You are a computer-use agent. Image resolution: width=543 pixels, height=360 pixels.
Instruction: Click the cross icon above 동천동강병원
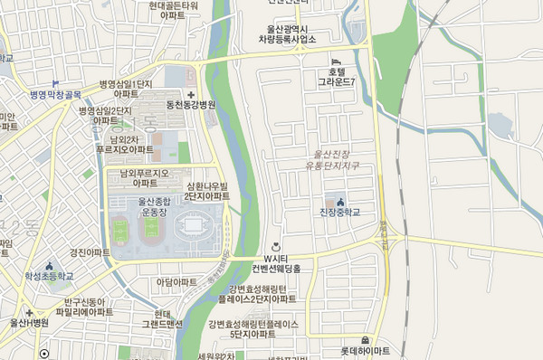coord(190,93)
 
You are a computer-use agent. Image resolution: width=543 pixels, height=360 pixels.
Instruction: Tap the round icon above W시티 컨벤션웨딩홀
coord(275,246)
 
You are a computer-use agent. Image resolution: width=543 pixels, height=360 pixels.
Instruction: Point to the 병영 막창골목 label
coord(55,94)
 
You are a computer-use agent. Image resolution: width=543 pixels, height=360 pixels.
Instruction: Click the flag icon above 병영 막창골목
coord(55,82)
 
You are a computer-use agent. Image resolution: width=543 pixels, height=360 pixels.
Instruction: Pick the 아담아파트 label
coord(176,282)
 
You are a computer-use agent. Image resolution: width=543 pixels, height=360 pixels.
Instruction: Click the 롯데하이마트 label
coord(365,350)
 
